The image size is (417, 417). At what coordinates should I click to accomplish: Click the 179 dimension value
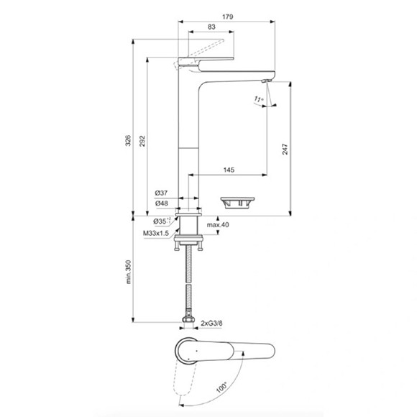[228, 17]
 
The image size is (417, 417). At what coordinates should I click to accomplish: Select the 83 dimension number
[211, 27]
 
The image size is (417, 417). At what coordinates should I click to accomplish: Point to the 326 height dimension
[128, 140]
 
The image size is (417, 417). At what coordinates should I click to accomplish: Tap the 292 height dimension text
[142, 141]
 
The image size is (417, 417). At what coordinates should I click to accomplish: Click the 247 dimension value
[285, 150]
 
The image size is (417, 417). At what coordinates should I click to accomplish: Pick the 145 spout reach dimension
[229, 170]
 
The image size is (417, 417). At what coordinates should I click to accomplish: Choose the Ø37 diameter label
[161, 193]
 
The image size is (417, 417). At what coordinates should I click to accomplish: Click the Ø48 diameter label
[162, 203]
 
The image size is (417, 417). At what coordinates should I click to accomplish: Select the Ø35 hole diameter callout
[162, 221]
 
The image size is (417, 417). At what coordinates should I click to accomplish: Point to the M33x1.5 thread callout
[156, 233]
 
